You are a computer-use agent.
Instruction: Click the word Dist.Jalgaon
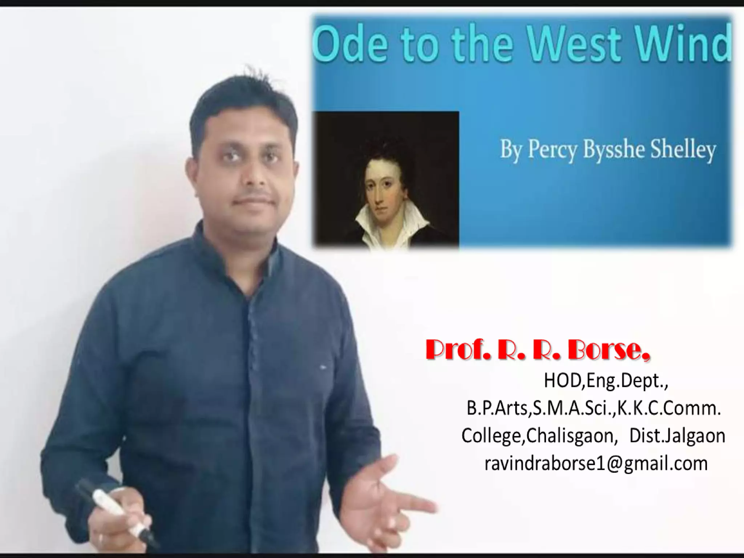pos(677,436)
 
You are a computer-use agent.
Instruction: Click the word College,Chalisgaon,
pos(540,436)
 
